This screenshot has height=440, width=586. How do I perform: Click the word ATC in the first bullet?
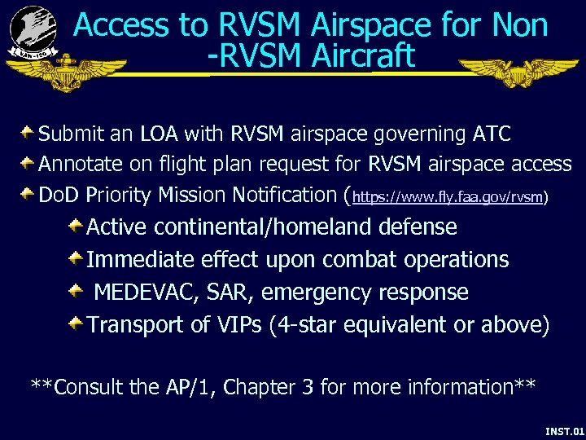[x=491, y=133]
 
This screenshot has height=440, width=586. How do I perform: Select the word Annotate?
[x=79, y=164]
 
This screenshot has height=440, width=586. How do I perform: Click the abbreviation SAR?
[x=234, y=292]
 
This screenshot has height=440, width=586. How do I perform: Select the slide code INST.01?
[x=564, y=429]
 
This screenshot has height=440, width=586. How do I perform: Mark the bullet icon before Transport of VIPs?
[x=75, y=323]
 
